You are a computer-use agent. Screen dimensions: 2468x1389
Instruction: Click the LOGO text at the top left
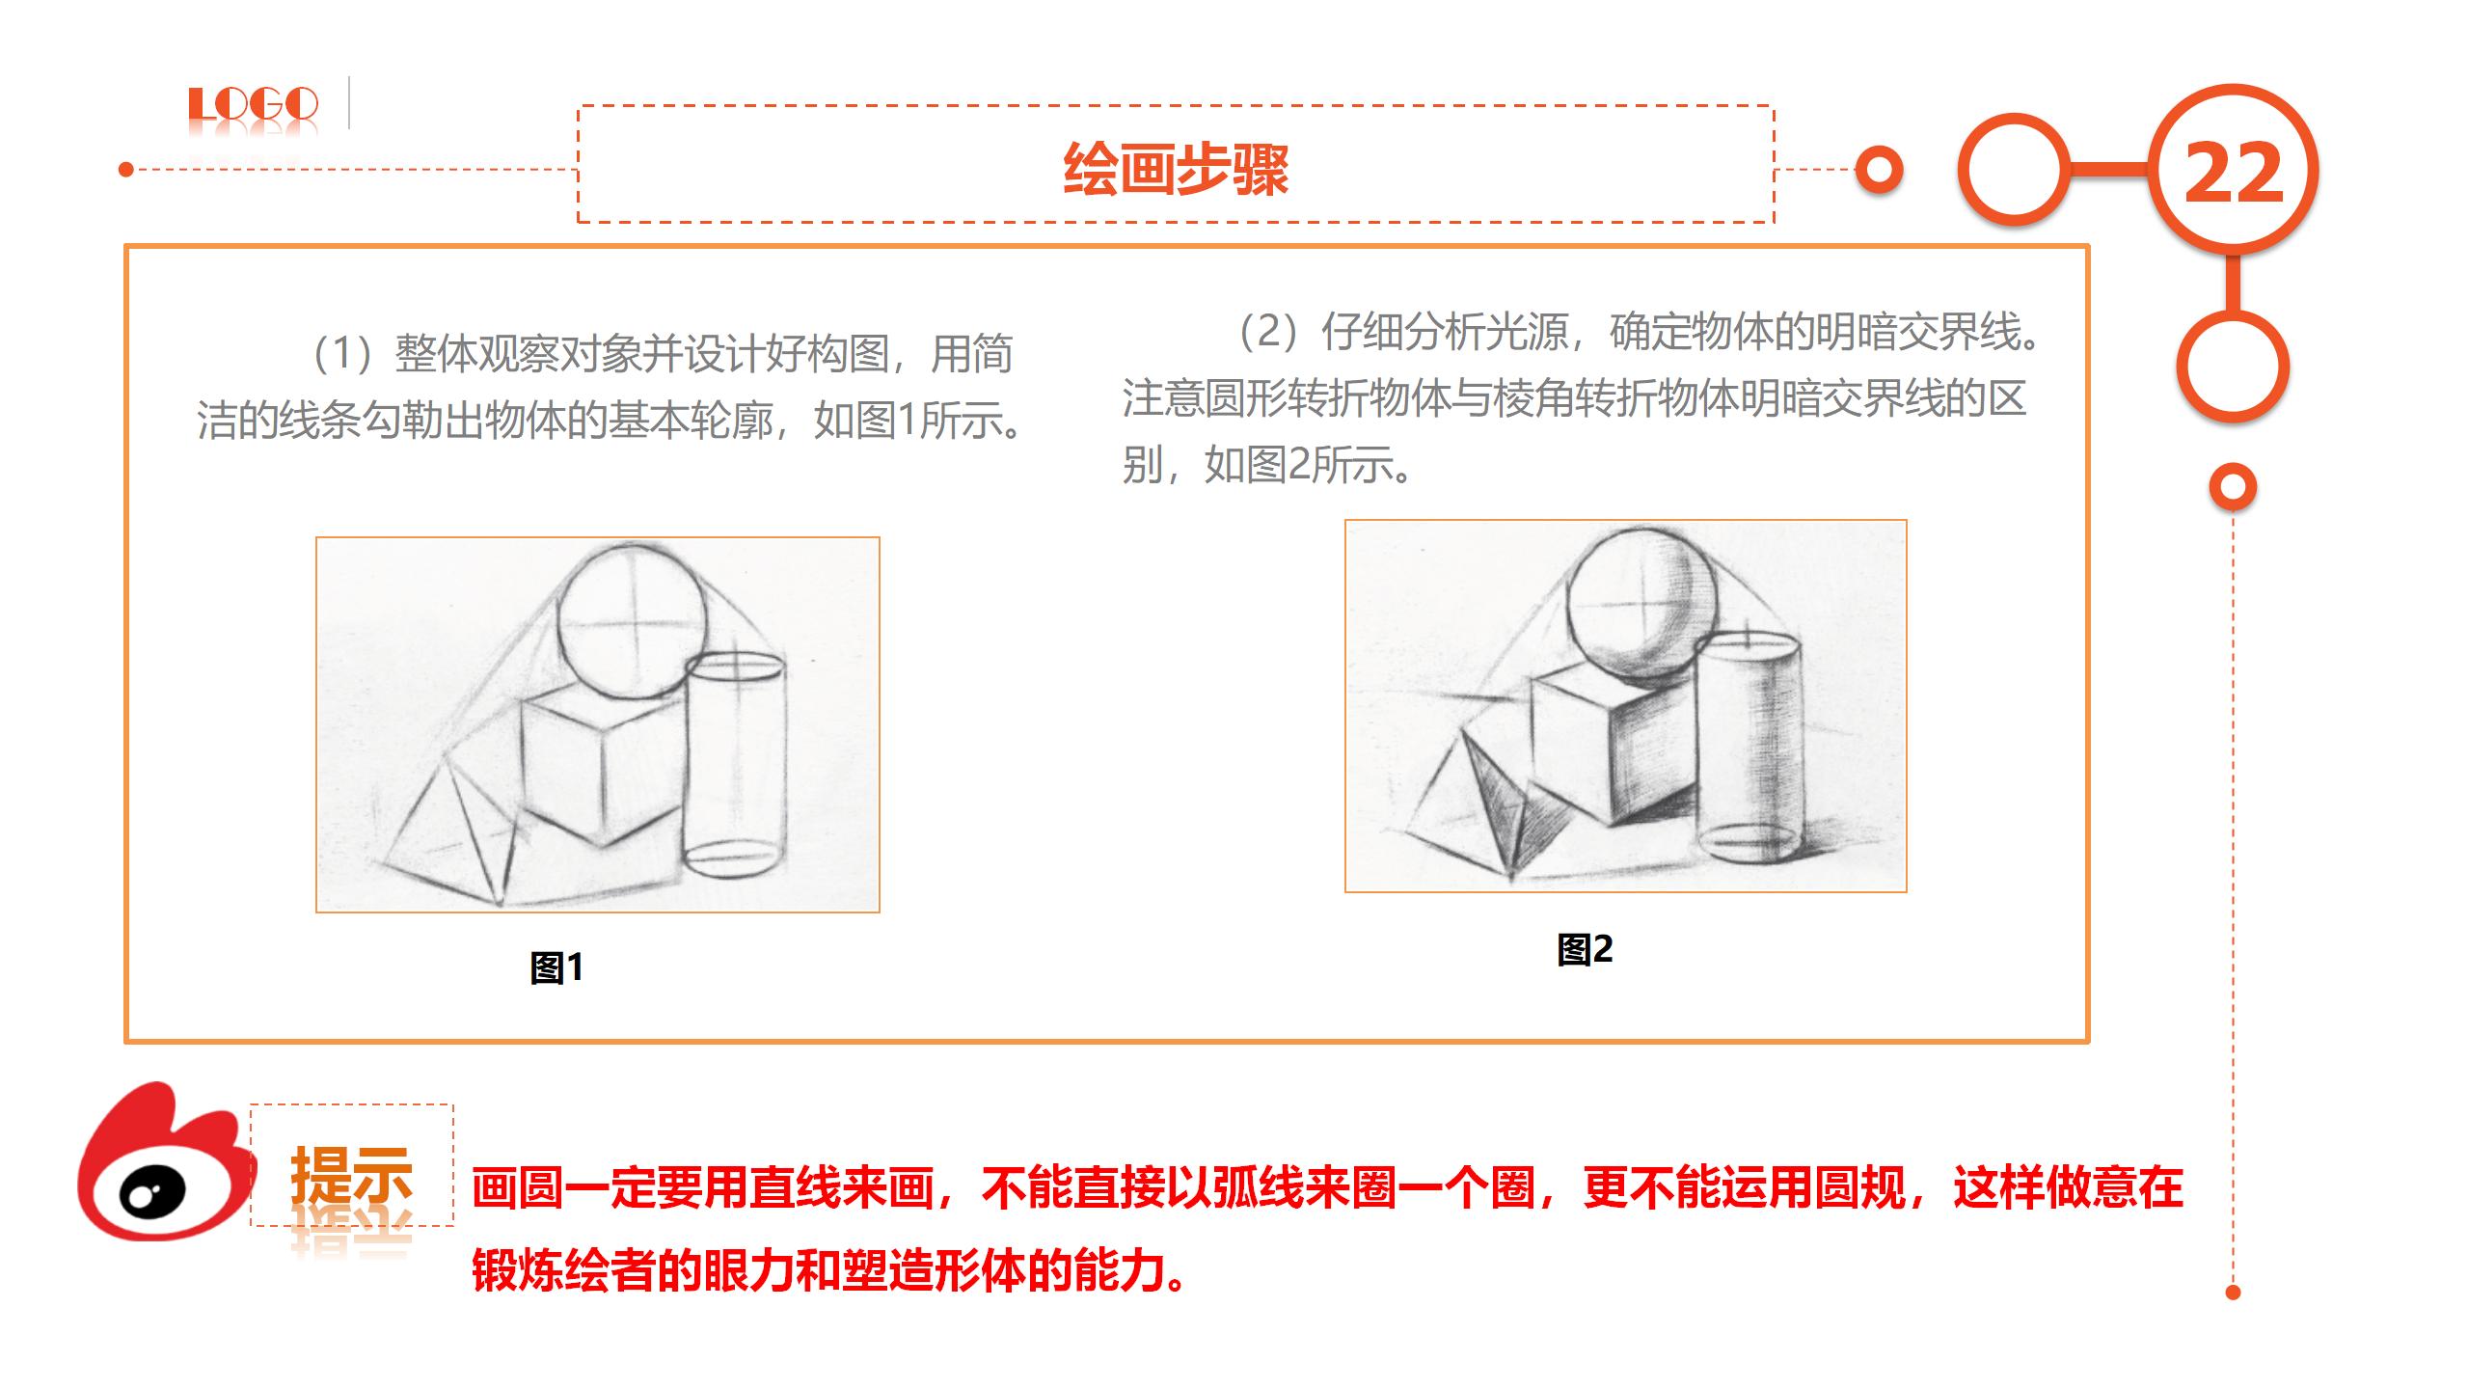pos(253,105)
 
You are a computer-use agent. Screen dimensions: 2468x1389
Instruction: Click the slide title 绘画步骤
pos(1176,169)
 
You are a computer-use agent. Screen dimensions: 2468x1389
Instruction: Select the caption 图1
pos(556,967)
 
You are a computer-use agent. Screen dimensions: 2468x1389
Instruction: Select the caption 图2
pos(1585,949)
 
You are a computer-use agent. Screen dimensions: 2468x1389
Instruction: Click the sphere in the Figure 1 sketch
pos(633,621)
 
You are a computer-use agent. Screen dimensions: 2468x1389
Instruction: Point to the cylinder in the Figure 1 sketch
pos(735,764)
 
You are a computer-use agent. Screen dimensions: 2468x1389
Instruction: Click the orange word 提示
pos(352,1174)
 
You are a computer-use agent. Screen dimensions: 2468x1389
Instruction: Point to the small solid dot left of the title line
pos(125,170)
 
